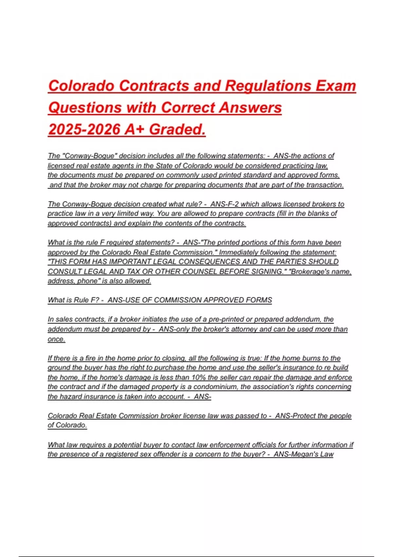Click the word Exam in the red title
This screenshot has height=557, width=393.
(x=336, y=86)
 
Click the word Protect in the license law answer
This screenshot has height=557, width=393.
(x=305, y=416)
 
